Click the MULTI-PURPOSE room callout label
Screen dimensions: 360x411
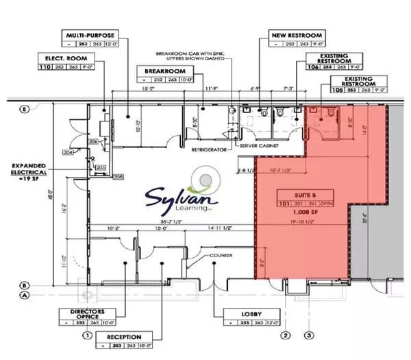[89, 34]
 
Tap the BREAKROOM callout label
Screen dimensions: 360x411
[160, 71]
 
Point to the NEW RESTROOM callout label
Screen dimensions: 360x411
[288, 34]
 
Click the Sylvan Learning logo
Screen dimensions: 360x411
[182, 196]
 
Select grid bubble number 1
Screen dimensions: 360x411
[88, 335]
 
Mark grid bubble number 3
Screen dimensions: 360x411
[309, 335]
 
